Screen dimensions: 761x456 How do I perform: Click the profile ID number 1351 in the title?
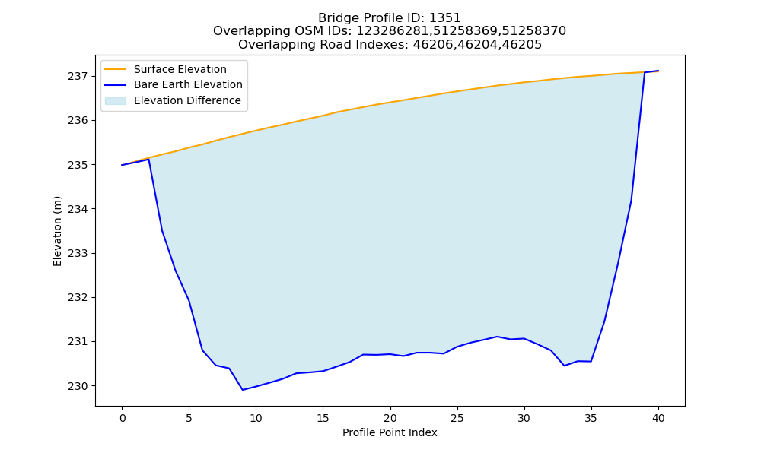(445, 18)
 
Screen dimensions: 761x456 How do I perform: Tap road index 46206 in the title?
(432, 45)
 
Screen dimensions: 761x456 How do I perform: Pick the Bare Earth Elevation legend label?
(188, 84)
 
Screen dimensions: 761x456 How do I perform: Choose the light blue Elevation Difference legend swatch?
(116, 101)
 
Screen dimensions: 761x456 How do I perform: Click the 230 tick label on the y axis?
(78, 386)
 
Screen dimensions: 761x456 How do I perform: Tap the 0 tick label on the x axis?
(123, 418)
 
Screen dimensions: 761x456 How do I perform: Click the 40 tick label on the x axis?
(658, 418)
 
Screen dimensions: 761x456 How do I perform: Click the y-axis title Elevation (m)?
(57, 231)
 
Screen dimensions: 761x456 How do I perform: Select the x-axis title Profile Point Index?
(390, 432)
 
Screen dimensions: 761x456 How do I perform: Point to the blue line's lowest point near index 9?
(243, 390)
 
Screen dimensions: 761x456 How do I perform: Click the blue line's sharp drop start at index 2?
(149, 159)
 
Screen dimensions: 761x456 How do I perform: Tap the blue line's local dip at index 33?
(565, 366)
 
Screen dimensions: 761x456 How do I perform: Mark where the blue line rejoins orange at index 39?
(645, 72)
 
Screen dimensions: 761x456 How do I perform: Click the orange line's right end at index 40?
(658, 71)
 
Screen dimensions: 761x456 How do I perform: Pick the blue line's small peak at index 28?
(498, 337)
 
